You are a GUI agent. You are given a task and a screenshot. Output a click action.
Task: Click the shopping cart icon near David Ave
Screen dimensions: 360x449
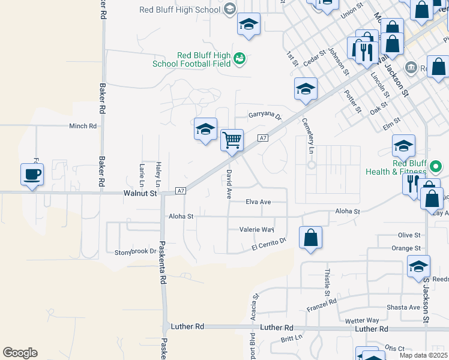(x=232, y=140)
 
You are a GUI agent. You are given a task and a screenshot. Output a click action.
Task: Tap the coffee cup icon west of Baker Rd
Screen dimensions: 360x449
(x=32, y=175)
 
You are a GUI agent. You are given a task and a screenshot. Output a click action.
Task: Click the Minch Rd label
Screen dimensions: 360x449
(x=83, y=126)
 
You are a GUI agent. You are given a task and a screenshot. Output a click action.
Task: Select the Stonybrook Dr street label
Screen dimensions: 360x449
(x=135, y=252)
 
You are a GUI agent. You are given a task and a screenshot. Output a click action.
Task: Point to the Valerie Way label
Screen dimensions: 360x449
(x=256, y=230)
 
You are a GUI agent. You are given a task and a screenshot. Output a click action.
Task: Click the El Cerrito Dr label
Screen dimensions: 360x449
(x=269, y=244)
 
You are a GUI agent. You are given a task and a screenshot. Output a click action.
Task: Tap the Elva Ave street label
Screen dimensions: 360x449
(x=258, y=202)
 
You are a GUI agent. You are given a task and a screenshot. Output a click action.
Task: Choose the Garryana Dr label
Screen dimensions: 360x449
(x=265, y=116)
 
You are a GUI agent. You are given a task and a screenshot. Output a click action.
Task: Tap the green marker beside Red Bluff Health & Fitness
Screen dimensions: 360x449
(x=437, y=166)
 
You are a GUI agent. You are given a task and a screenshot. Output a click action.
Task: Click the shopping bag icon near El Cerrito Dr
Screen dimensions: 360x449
(x=310, y=238)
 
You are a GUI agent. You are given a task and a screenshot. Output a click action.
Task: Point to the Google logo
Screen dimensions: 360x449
(x=20, y=353)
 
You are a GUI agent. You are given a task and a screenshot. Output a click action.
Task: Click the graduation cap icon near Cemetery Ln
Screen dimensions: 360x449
(x=306, y=89)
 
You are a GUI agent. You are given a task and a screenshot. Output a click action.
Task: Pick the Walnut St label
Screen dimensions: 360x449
(x=140, y=194)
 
